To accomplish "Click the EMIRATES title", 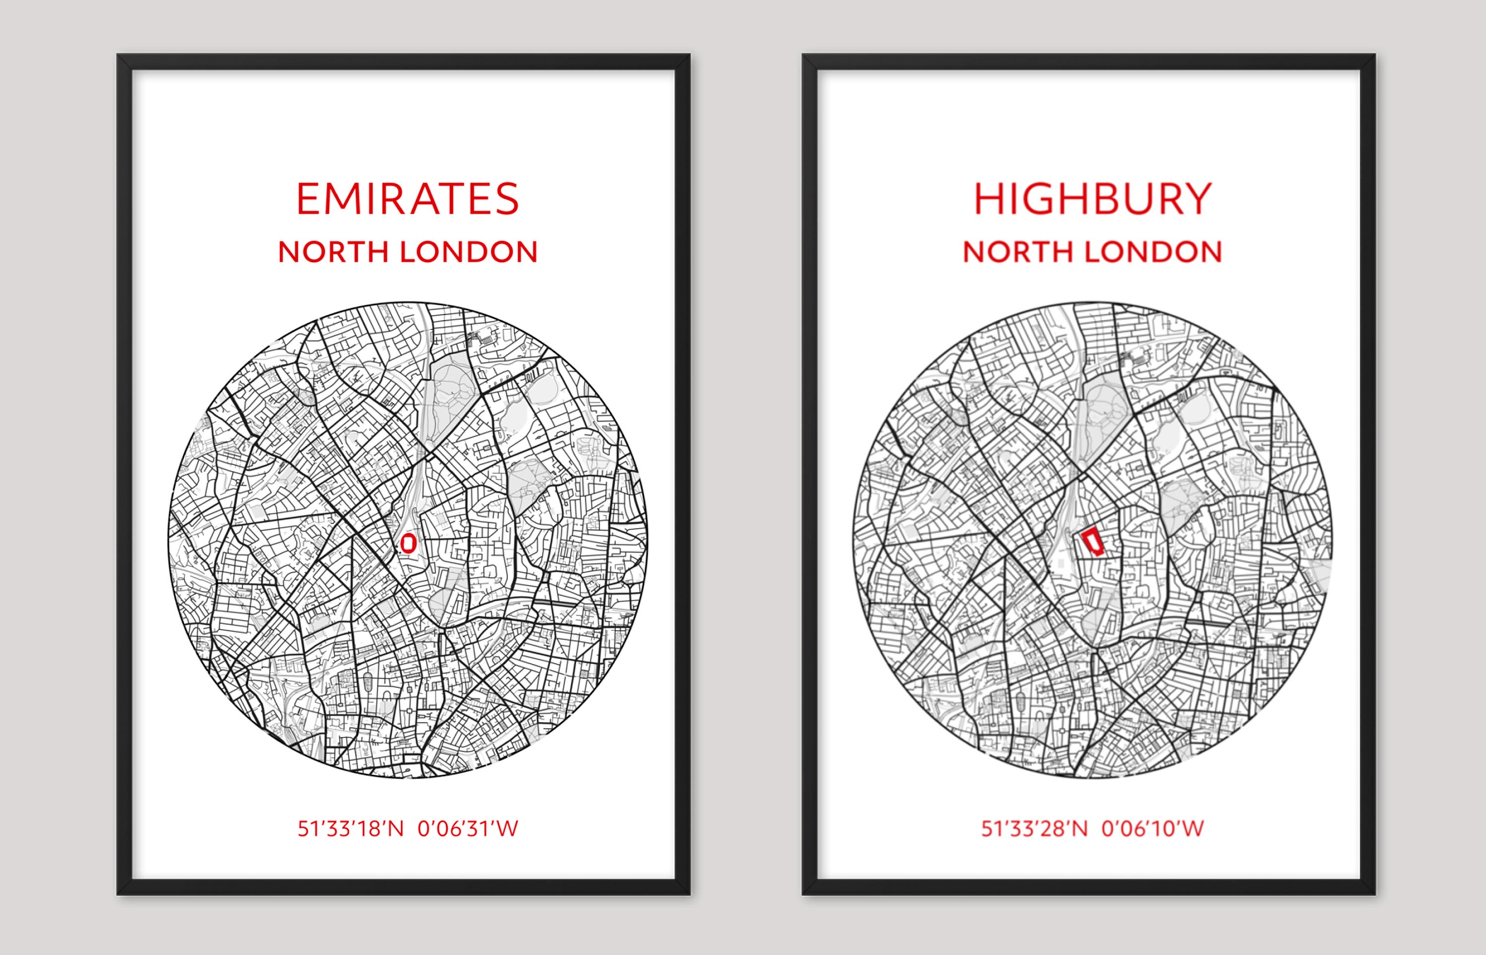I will point(408,199).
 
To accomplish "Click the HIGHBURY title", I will point(1093,199).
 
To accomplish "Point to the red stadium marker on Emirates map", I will point(408,543).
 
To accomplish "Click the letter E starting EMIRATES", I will point(308,199).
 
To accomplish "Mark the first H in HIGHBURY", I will point(989,199).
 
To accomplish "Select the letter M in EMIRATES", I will point(343,199).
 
